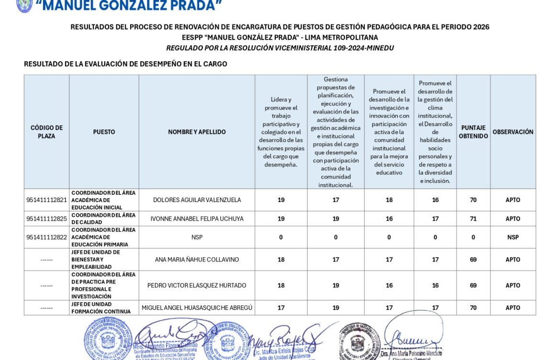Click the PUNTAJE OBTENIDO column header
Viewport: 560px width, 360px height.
coord(473,132)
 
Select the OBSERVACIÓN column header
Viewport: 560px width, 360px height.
coord(513,132)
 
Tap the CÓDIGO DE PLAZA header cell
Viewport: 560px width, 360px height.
coord(46,132)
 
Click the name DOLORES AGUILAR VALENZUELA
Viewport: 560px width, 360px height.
coord(197,200)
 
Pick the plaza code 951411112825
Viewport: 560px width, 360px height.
coord(46,219)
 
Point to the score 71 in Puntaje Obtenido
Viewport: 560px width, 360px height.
coord(473,219)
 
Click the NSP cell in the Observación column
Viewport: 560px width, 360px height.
coord(513,237)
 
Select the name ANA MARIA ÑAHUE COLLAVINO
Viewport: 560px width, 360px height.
coord(197,259)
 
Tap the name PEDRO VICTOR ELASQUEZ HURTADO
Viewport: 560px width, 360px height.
coord(197,285)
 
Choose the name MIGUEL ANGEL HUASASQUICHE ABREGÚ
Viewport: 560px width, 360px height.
coord(197,308)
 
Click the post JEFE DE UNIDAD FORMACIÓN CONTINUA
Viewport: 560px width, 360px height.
coord(101,308)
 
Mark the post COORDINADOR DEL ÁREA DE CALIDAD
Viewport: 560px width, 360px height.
coord(103,219)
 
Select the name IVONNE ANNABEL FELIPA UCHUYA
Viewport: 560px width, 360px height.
coord(197,219)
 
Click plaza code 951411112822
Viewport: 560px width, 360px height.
coord(46,237)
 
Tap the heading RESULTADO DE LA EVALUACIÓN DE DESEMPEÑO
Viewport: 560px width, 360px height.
coord(125,64)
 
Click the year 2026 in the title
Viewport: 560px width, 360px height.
coord(481,27)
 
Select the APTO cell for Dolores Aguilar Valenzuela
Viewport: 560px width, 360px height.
coord(513,200)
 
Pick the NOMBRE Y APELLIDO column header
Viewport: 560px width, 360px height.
coord(197,132)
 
